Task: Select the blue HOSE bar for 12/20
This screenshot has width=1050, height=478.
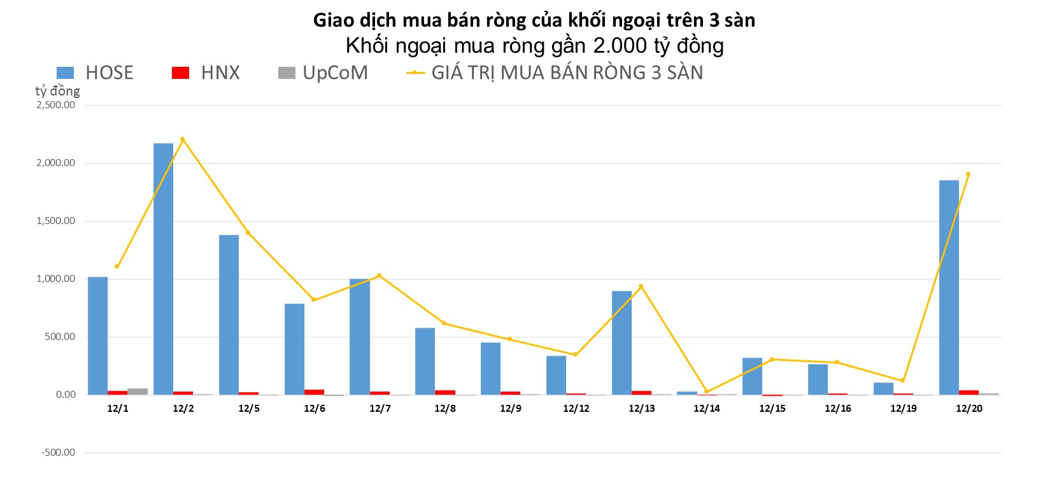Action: click(x=949, y=287)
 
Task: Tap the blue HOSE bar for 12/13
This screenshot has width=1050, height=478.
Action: click(x=621, y=342)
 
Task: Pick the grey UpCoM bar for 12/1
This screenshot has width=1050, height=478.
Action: click(x=137, y=391)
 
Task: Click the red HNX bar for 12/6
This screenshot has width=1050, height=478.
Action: click(x=314, y=392)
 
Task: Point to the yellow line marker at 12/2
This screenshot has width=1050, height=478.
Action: click(x=183, y=139)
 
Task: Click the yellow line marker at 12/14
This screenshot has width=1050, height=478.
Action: click(x=707, y=391)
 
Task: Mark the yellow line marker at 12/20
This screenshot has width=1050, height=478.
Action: click(x=968, y=174)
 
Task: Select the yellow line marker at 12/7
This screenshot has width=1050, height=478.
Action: click(x=380, y=276)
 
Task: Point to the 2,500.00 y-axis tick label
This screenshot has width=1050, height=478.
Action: click(x=55, y=105)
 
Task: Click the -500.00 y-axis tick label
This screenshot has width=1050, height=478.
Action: click(x=58, y=453)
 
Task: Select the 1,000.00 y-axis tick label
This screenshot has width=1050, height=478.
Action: click(x=55, y=279)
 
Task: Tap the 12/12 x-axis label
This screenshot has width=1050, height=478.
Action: click(x=576, y=409)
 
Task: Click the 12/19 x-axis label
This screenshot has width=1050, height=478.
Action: click(x=904, y=409)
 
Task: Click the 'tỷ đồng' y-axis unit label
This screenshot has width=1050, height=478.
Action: click(x=57, y=91)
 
